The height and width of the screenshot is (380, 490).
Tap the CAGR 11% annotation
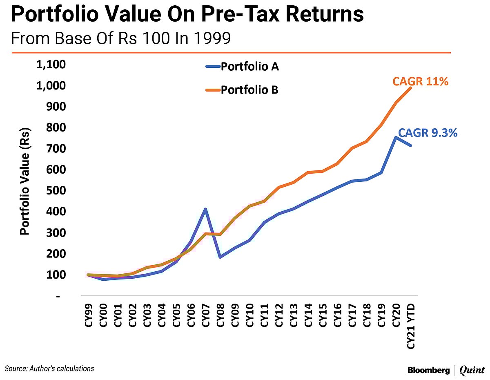tap(421, 81)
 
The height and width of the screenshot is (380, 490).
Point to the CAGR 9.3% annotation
tap(428, 133)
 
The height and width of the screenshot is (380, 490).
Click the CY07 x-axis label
tap(206, 315)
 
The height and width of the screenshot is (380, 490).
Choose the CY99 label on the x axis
tap(89, 315)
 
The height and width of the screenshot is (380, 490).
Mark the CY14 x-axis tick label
tap(308, 315)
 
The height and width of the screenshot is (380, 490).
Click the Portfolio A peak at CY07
tap(206, 209)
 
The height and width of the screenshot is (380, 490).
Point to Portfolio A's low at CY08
tap(220, 257)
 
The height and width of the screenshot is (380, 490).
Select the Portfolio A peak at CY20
tap(395, 137)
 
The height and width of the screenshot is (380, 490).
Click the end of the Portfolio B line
tap(410, 88)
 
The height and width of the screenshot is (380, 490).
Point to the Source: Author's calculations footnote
tap(49, 369)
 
